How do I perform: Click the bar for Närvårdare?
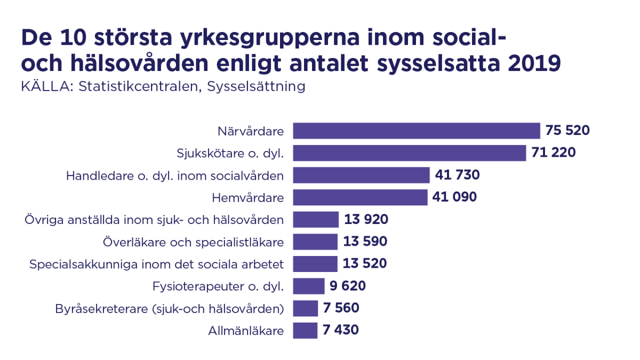[417, 131]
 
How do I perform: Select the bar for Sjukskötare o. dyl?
[410, 153]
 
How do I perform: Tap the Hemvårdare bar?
[361, 197]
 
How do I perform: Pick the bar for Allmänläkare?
[305, 330]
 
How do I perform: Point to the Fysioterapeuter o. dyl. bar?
[309, 286]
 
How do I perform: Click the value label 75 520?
[567, 131]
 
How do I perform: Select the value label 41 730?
[457, 175]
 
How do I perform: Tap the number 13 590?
[365, 242]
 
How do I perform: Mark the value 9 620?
[348, 286]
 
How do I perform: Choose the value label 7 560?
[341, 308]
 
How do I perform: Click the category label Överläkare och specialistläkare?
[193, 242]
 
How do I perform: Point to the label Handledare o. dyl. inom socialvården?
[175, 175]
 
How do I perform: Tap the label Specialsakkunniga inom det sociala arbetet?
[157, 264]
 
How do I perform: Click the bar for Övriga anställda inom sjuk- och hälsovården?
[316, 220]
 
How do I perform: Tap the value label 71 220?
[554, 153]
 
